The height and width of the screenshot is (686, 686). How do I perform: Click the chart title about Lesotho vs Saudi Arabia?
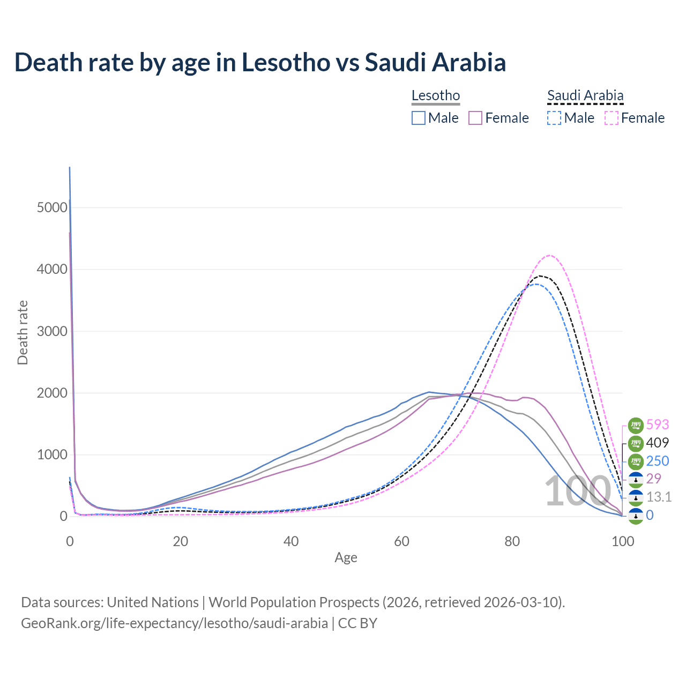coord(260,62)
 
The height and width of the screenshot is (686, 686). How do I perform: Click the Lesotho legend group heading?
coord(436,95)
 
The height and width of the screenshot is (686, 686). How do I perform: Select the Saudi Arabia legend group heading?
coord(585,95)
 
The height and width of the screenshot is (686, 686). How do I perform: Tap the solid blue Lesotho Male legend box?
coord(419,118)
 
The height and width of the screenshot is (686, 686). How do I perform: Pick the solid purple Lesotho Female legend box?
coord(476,118)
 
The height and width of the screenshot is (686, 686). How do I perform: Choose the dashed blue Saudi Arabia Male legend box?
coord(554,118)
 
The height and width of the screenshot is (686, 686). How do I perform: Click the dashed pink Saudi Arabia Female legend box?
coord(612,118)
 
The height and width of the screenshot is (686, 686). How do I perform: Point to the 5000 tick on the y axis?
coord(52,207)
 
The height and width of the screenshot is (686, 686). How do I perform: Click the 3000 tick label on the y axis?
coord(52,331)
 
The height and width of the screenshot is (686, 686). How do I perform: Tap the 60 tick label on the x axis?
coord(401,541)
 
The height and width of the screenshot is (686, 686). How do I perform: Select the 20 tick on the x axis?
coord(181,541)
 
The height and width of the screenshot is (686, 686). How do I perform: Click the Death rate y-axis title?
coord(23,332)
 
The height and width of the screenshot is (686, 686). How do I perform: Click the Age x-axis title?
coord(346,557)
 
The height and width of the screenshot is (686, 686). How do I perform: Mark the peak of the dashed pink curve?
coord(550,255)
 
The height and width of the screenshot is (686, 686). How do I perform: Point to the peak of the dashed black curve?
coord(540,275)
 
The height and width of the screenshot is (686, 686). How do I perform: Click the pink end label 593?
coord(658,424)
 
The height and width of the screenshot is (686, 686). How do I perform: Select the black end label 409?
coord(658,443)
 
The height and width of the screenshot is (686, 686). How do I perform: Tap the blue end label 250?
coord(658,461)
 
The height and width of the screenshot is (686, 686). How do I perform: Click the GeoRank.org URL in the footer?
coord(174,623)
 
